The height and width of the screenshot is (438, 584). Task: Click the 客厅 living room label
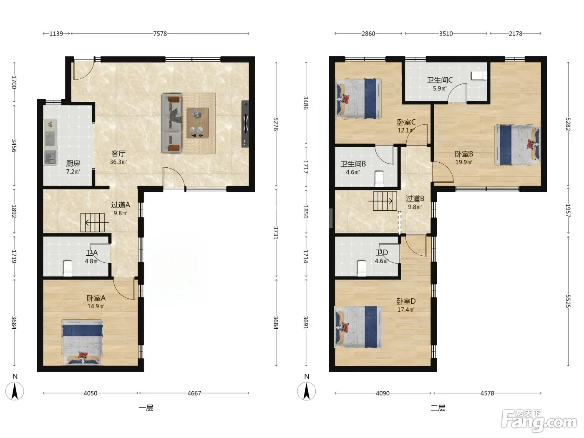(x=118, y=154)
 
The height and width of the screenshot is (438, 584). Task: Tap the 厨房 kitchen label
(x=73, y=163)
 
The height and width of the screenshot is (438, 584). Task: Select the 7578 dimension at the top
(x=160, y=33)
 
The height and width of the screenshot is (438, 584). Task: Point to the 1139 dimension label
(x=56, y=33)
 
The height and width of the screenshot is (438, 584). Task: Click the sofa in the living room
(x=171, y=123)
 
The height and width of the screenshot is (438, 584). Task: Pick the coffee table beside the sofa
(x=197, y=123)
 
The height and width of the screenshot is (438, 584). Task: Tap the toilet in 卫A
(x=68, y=268)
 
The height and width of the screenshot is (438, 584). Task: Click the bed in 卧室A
(x=82, y=342)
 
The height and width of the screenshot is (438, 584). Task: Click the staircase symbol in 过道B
(x=385, y=201)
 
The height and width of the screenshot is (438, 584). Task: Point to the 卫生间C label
(x=440, y=80)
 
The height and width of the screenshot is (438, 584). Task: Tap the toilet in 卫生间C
(x=479, y=76)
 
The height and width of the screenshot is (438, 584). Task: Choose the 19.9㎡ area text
(x=464, y=162)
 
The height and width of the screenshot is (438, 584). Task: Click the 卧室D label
(x=406, y=301)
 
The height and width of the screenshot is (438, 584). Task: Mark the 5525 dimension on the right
(x=568, y=301)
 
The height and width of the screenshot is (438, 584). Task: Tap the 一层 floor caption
(x=146, y=408)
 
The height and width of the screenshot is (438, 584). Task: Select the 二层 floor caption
(x=438, y=408)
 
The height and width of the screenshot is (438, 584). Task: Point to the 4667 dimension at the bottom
(x=194, y=393)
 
